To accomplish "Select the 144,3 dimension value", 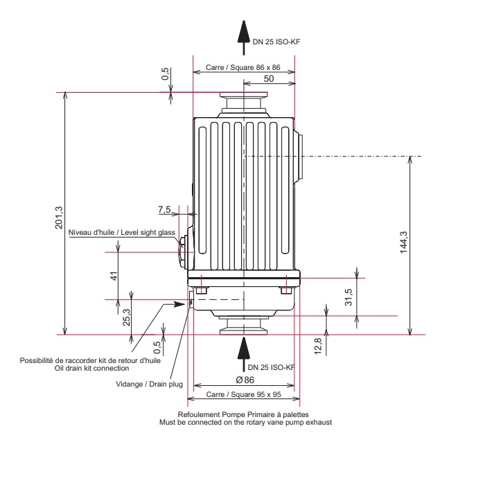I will [404, 242].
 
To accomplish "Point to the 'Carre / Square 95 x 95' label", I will [243, 395].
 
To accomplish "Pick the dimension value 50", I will [268, 79].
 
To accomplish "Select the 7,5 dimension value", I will [164, 209].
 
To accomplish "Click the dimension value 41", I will [114, 276].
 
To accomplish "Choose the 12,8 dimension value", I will [318, 344].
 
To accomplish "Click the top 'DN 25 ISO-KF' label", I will [276, 42].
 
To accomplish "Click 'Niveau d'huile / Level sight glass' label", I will [122, 233].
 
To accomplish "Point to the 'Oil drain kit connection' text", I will [91, 368].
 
